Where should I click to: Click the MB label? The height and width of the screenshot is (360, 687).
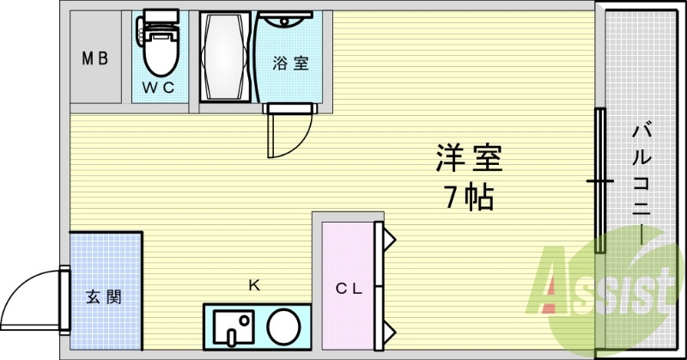(94, 59)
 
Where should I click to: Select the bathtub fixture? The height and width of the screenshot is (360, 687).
(226, 58)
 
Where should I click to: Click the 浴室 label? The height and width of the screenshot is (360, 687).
(290, 63)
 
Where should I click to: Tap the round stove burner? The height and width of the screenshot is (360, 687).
(283, 326)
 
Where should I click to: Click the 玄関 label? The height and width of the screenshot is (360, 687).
(103, 297)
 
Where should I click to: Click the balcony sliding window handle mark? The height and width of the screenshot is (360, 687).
(599, 181)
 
